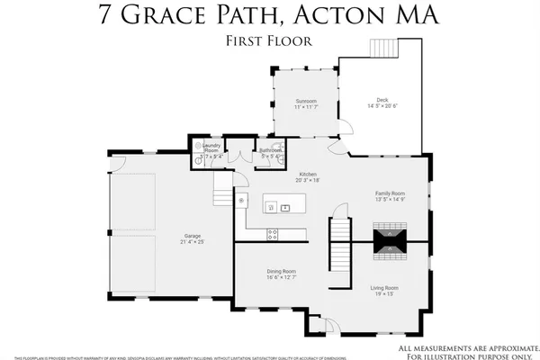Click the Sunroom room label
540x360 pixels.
(306, 101)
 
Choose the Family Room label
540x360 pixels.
(391, 193)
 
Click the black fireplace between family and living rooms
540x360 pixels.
(391, 238)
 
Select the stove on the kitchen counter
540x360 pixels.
(274, 235)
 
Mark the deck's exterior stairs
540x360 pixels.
(383, 47)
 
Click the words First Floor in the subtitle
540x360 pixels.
(269, 41)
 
